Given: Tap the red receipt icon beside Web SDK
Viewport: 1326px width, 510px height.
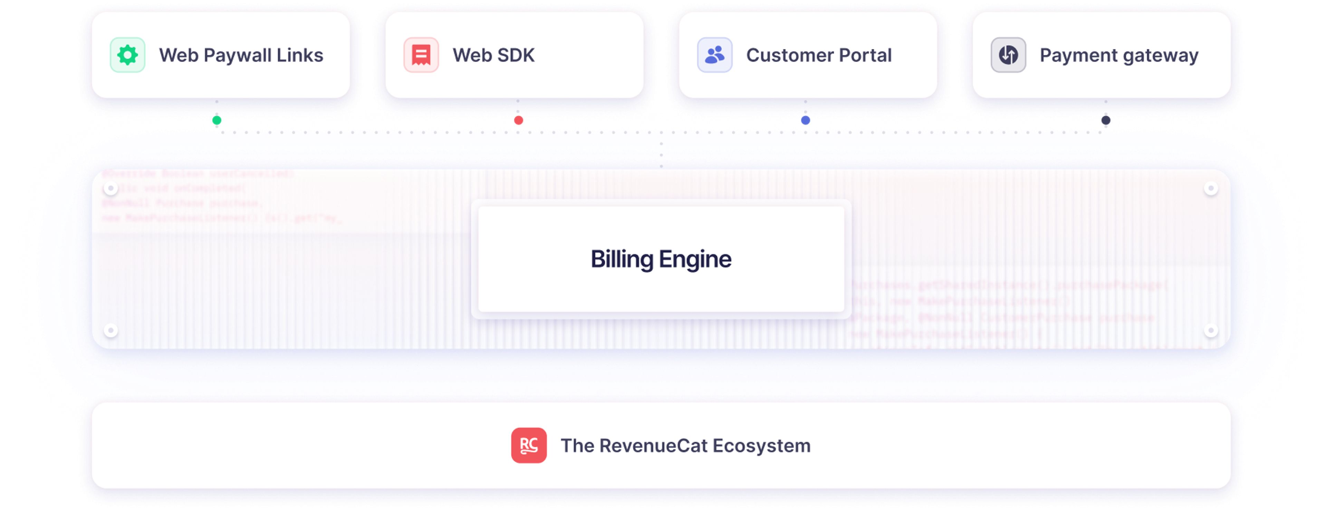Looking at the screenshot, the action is point(421,55).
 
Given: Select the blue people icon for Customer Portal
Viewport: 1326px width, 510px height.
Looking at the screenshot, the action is point(714,55).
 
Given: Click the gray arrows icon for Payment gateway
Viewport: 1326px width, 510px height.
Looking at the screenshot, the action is point(1008,55).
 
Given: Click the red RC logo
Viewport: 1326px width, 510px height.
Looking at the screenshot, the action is point(529,445).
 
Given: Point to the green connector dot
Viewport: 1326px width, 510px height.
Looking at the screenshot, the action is point(217,120).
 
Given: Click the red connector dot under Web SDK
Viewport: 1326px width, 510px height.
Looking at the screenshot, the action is point(518,120).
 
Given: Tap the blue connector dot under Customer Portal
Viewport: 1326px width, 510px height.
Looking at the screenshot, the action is point(806,120).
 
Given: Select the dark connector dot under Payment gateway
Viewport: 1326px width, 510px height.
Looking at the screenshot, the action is point(1106,120).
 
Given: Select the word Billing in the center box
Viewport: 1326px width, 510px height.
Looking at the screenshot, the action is point(621,259).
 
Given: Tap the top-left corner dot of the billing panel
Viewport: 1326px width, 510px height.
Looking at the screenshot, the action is point(110,188).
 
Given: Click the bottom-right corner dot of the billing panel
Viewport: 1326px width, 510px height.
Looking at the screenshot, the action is point(1211,330).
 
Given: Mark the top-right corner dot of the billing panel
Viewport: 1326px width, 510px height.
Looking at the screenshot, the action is point(1211,188).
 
